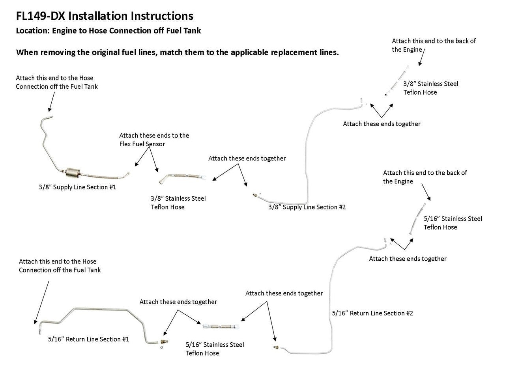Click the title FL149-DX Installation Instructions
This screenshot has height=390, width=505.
click(x=105, y=16)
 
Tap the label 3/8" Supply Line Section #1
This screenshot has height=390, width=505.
click(x=77, y=187)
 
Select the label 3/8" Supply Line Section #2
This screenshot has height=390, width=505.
click(x=307, y=207)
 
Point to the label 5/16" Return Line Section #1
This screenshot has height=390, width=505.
click(x=88, y=339)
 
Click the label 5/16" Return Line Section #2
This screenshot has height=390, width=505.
click(x=372, y=313)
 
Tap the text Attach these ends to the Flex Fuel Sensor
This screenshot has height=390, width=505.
click(x=154, y=140)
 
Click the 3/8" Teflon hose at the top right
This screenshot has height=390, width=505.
click(x=396, y=82)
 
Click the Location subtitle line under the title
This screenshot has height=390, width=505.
click(x=108, y=31)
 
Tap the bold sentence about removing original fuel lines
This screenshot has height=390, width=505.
click(x=177, y=52)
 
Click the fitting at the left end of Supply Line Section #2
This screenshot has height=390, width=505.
click(x=255, y=194)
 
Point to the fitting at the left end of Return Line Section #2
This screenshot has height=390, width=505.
click(x=276, y=347)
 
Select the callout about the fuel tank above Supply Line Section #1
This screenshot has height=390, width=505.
click(x=56, y=82)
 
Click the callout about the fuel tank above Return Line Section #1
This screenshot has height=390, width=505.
click(x=60, y=266)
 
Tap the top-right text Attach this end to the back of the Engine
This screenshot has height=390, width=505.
click(x=434, y=45)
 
